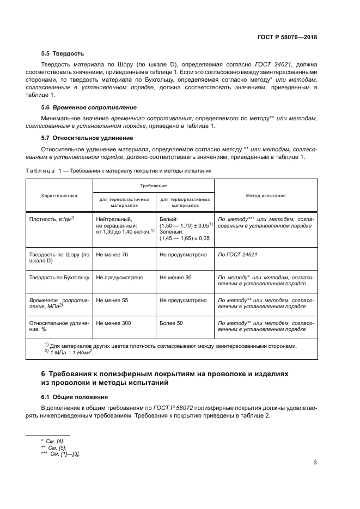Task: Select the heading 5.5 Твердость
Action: [63, 54]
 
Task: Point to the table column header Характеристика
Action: [59, 195]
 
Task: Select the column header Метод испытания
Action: [266, 195]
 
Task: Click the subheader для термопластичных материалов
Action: [125, 203]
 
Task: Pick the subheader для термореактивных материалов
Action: [185, 203]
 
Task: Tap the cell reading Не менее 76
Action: [112, 254]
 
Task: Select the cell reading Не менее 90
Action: [175, 277]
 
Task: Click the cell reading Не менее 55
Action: [112, 300]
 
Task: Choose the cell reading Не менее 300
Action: [113, 323]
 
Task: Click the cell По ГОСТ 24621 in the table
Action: [237, 254]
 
